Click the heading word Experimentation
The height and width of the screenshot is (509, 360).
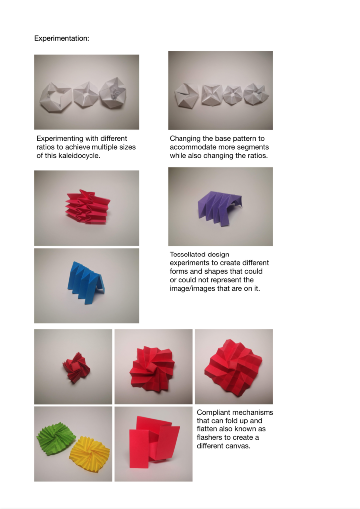(61, 38)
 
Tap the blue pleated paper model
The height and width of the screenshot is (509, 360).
(86, 282)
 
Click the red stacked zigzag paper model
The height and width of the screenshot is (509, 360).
(88, 207)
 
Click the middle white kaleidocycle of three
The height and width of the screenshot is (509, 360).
(86, 95)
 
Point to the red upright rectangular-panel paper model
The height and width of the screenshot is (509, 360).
(154, 442)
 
